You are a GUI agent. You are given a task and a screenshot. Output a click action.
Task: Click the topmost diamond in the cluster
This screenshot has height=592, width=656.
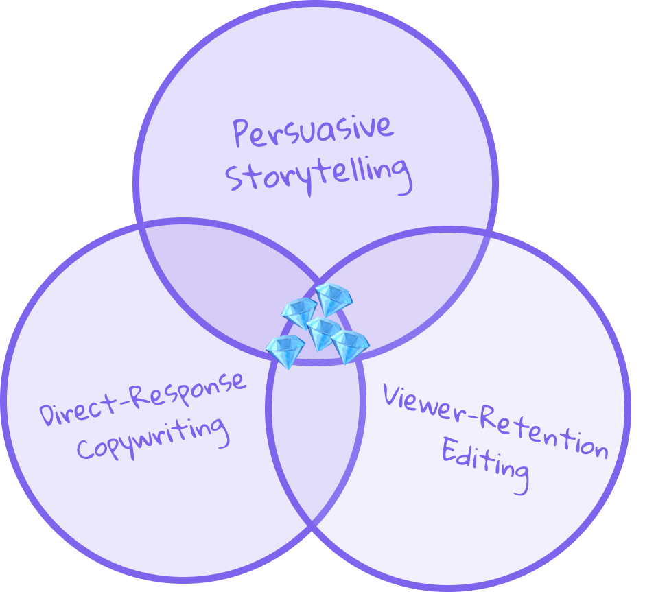click(333, 296)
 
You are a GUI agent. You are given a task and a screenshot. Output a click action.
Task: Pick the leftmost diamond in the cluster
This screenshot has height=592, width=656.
click(285, 351)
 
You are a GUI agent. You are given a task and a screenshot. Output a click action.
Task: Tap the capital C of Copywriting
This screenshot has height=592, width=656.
click(86, 449)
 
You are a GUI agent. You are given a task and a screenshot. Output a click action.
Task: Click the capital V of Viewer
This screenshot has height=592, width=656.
click(392, 396)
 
